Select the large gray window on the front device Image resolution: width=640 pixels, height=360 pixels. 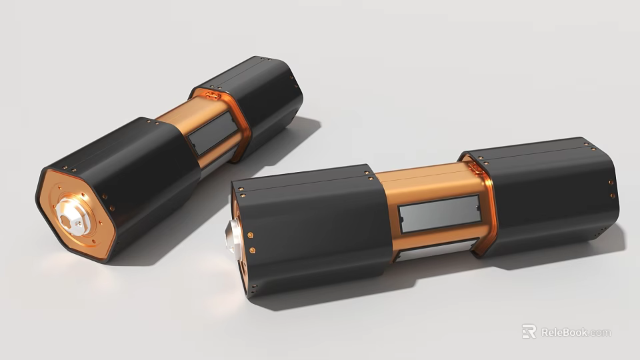(439, 214)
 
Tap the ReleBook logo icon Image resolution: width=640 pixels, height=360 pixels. (529, 331)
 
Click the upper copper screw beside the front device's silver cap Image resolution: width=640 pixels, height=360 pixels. (250, 235)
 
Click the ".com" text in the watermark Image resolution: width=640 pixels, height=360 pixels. (600, 332)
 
